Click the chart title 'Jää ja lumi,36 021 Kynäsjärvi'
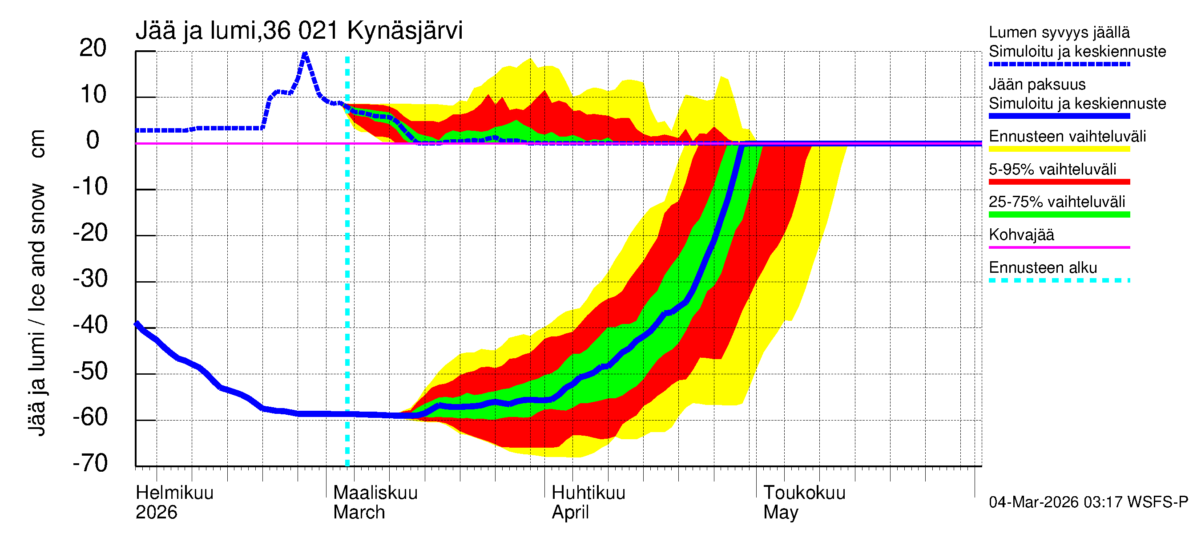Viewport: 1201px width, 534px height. (x=299, y=31)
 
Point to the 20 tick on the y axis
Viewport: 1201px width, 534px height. (x=93, y=48)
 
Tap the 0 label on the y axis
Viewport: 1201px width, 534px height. (x=93, y=140)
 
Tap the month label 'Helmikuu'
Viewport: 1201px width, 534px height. (x=174, y=493)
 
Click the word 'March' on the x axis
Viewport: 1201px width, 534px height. (x=359, y=512)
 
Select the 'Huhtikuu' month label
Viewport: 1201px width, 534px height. (x=588, y=493)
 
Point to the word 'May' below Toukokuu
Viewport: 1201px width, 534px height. (x=781, y=512)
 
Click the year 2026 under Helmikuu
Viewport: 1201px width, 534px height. (x=156, y=512)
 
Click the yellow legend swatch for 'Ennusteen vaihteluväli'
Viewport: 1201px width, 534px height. (x=1059, y=149)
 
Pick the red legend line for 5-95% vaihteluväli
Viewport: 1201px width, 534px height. (x=1059, y=182)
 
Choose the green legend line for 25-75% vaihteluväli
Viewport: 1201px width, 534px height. (x=1059, y=214)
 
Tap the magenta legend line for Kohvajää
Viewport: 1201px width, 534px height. (x=1059, y=247)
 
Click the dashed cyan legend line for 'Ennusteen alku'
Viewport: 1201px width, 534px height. (x=1059, y=280)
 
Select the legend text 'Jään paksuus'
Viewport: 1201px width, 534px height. (x=1037, y=85)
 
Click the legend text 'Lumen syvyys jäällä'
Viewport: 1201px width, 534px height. (x=1059, y=32)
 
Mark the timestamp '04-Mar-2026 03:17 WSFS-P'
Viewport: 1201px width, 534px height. (x=1088, y=502)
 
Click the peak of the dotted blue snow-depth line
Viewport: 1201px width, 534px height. (x=305, y=55)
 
